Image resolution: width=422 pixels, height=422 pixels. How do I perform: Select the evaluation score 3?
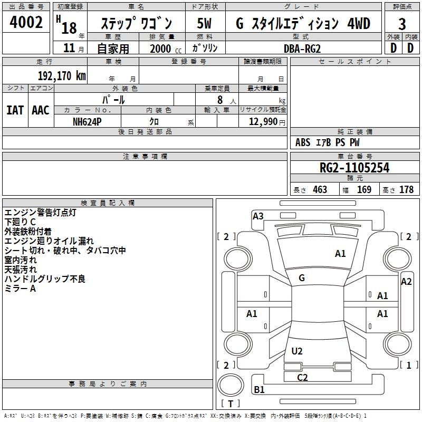[402, 24]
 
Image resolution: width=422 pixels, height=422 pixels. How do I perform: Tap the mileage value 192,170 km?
[62, 75]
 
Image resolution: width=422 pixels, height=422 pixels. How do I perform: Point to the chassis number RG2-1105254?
[354, 168]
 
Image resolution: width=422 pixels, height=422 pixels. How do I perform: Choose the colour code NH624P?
[87, 121]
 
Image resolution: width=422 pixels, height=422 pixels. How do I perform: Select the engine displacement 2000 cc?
[164, 49]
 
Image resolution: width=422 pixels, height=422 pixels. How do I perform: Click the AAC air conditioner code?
[41, 110]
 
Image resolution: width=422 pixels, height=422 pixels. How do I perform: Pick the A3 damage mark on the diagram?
[258, 216]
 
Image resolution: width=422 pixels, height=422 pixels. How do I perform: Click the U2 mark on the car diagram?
[297, 351]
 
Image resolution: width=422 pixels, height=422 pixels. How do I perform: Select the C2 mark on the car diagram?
[302, 377]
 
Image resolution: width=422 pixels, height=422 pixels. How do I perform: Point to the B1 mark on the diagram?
[259, 390]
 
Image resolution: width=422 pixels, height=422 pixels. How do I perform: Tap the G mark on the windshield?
[302, 277]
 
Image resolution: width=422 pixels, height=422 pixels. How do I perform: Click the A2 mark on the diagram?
[406, 282]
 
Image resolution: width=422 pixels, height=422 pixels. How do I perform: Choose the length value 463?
[320, 190]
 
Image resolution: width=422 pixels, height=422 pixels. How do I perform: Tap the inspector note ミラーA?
[21, 289]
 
